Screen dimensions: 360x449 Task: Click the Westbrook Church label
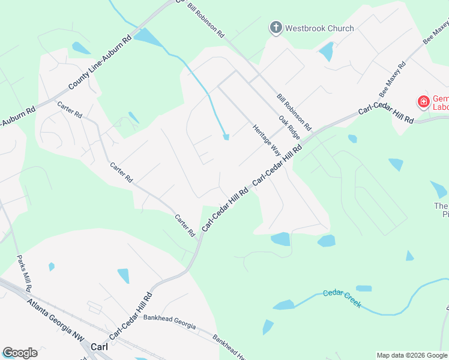[x=319, y=28]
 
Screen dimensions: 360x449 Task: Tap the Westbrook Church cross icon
[x=276, y=28]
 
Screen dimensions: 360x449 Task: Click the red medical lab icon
[x=424, y=102]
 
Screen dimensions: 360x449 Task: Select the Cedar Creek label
[x=342, y=298]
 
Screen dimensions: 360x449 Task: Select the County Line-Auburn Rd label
[x=100, y=63]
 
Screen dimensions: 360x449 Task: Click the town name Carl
[x=98, y=347]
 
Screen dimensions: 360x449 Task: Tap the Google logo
[x=20, y=353]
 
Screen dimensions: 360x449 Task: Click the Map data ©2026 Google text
[x=412, y=355]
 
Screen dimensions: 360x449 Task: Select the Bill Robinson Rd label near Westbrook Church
[x=205, y=19]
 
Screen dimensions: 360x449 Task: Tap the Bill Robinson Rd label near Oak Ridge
[x=295, y=112]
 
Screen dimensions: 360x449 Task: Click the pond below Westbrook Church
[x=327, y=51]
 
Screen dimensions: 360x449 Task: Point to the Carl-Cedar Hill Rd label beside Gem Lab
[x=387, y=114]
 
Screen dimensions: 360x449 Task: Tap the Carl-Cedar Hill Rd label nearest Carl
[x=130, y=314]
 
